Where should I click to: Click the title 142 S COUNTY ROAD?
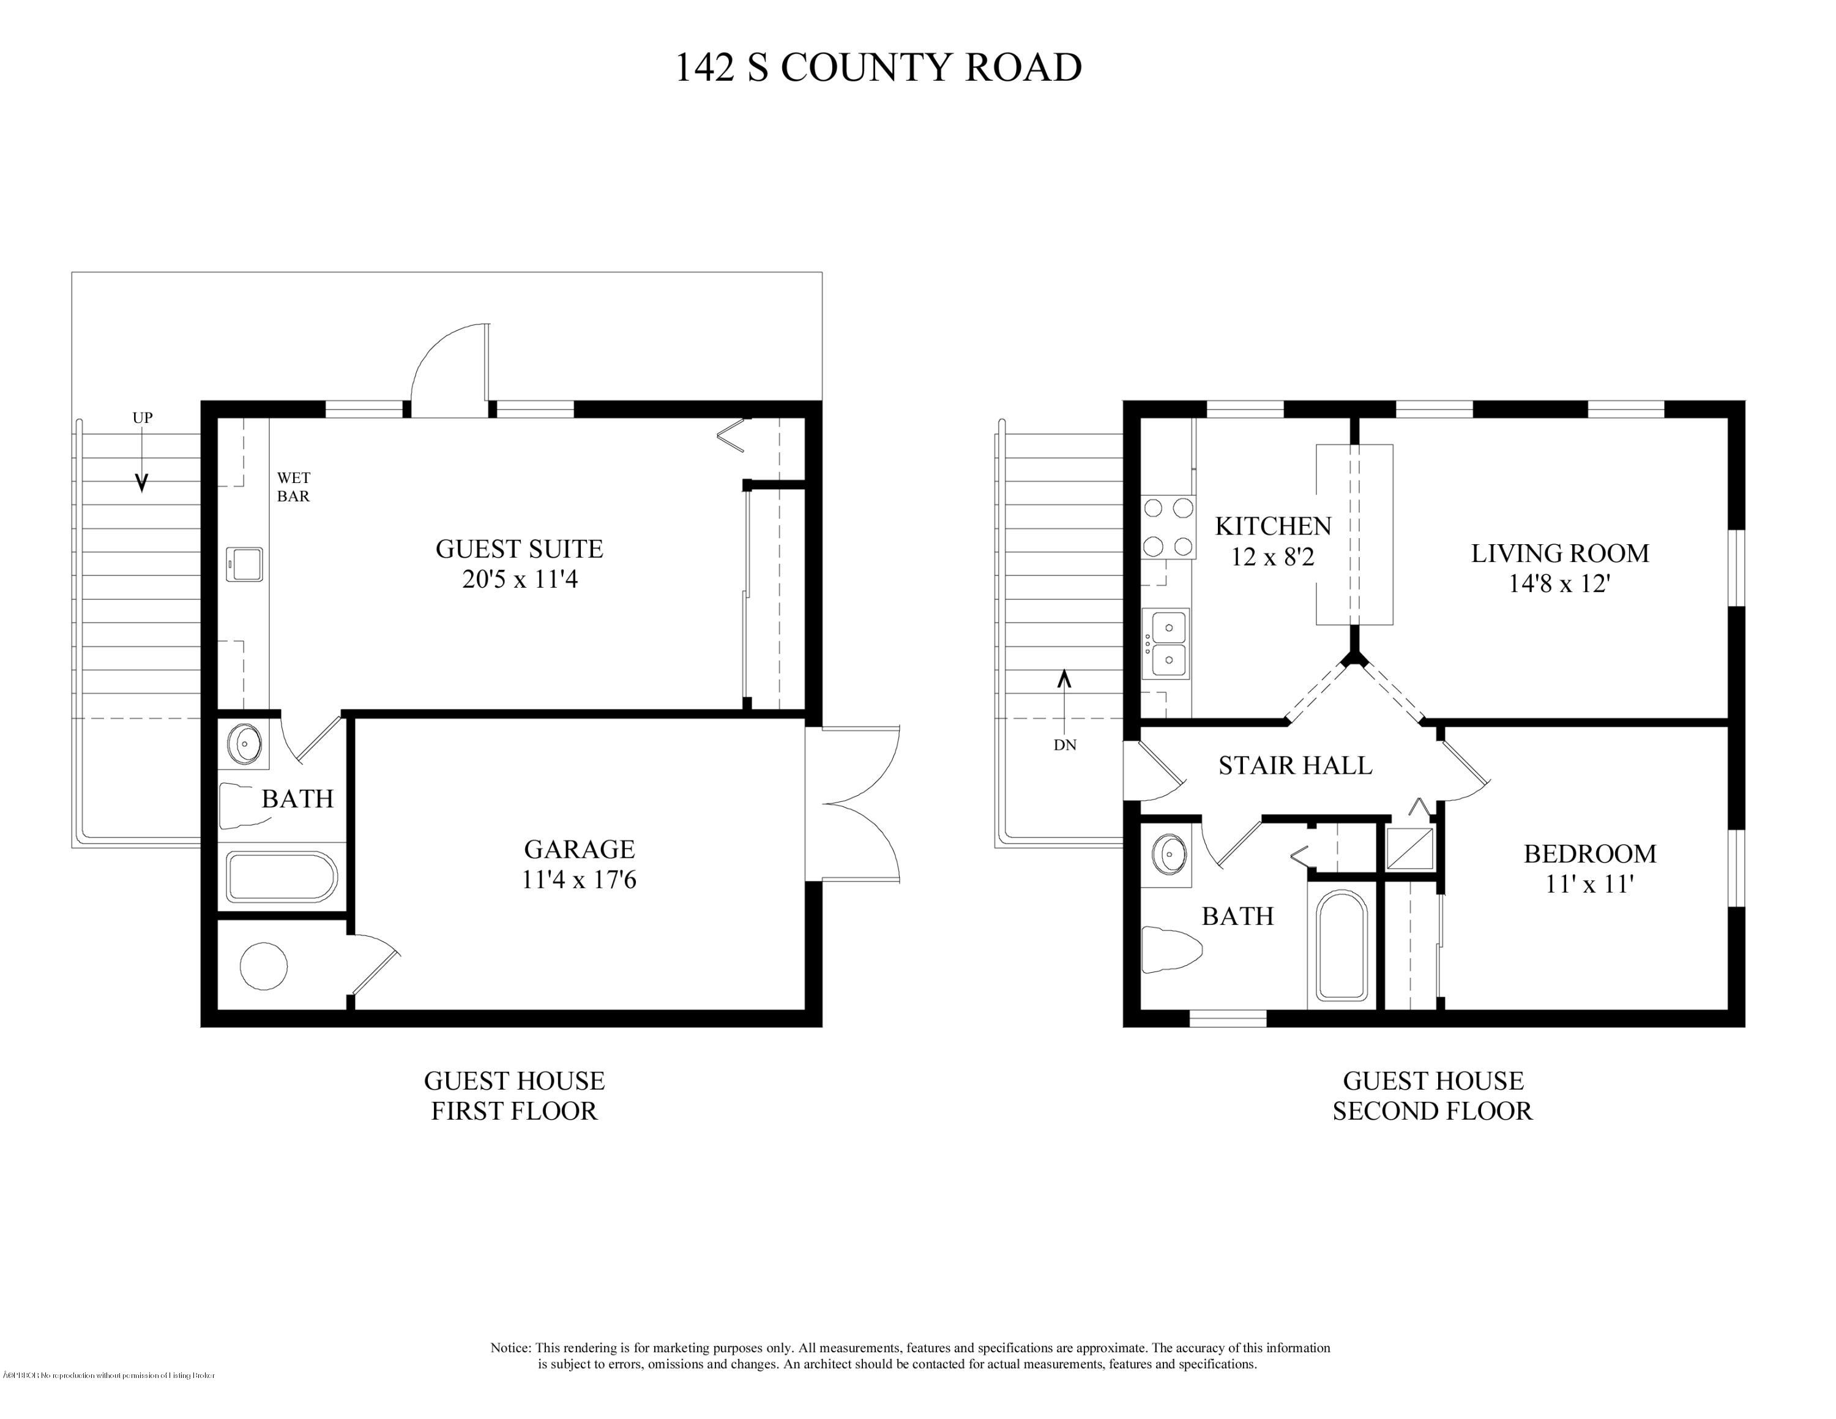(878, 68)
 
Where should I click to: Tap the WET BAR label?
(293, 487)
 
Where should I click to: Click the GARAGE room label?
(579, 849)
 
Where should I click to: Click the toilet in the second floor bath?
(1171, 950)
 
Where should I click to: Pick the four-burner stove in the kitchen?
(1168, 527)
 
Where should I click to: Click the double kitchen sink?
(1168, 644)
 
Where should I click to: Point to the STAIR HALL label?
(1294, 766)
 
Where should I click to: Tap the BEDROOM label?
(1589, 854)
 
